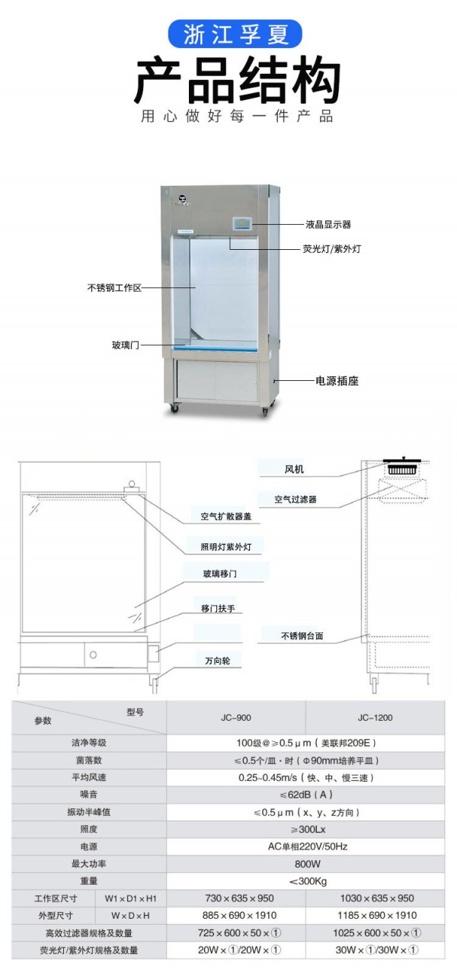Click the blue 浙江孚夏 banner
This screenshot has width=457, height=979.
point(235,34)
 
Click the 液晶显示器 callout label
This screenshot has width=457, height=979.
point(328,225)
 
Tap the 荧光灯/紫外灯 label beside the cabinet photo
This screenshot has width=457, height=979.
point(331,249)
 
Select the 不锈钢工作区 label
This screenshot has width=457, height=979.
point(114,287)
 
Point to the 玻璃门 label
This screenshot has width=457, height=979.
point(126,345)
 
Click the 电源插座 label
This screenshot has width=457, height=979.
point(337,381)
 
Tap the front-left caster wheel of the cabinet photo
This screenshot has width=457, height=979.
point(174,408)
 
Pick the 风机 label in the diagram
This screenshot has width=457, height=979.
point(294,469)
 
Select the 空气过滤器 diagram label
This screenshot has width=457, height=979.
point(296,499)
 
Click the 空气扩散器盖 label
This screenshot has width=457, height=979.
point(226,516)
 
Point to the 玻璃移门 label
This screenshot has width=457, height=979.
point(220,574)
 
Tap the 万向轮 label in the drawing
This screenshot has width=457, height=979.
point(218,661)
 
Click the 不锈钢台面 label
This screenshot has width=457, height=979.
point(302,635)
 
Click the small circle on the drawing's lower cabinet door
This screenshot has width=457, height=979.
point(93,654)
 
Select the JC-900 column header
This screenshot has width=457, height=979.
point(236,717)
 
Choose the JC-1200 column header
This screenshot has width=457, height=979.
point(376,717)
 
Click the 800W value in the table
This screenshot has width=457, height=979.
point(307,864)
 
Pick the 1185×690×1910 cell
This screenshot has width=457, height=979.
point(377,915)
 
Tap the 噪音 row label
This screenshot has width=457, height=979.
point(88,794)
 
